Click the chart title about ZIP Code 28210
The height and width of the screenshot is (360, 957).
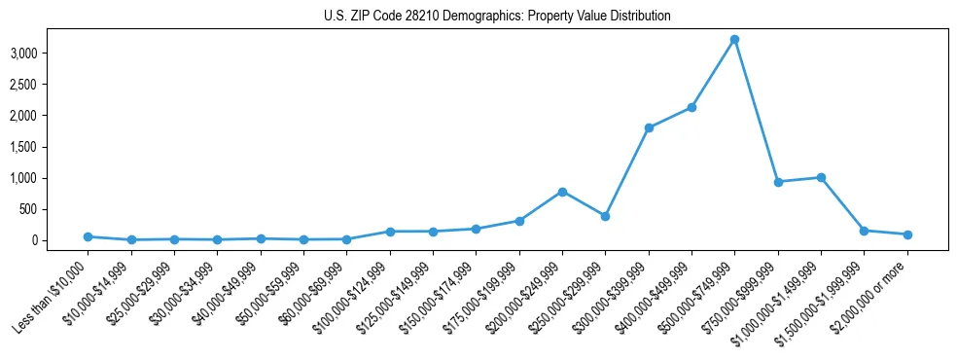click(497, 16)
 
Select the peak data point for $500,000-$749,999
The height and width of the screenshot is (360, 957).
click(734, 39)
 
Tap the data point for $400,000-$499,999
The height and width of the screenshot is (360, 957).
click(691, 107)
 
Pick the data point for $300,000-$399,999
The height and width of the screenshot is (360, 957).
click(649, 127)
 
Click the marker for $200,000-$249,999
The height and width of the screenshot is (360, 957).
click(562, 192)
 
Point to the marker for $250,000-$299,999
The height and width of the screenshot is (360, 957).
click(605, 216)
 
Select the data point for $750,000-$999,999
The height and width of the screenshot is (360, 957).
click(778, 182)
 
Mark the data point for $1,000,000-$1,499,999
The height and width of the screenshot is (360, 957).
click(821, 177)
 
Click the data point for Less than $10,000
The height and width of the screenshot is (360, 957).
click(88, 236)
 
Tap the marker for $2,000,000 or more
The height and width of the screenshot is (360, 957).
click(907, 234)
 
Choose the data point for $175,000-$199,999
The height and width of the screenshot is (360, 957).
click(519, 221)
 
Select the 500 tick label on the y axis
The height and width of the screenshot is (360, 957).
click(53, 209)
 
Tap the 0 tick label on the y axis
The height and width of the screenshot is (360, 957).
click(60, 240)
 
